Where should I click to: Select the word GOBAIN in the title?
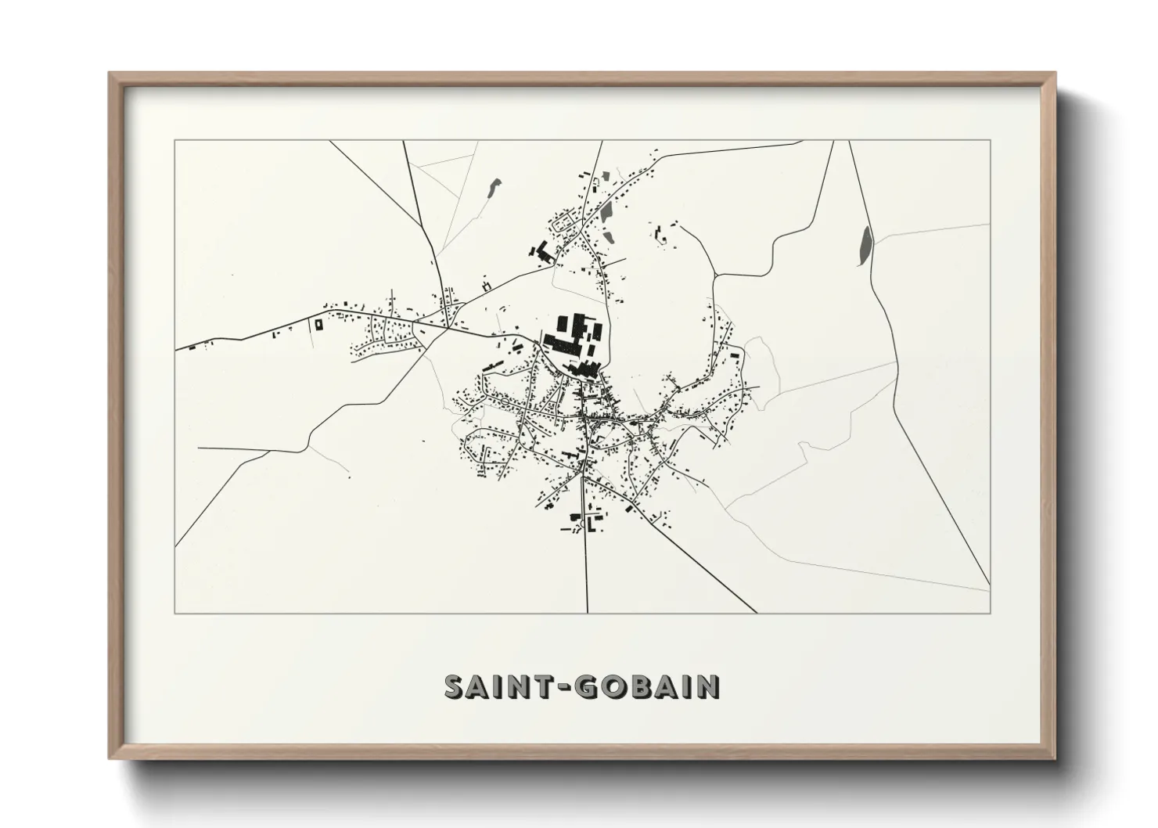[x=647, y=686]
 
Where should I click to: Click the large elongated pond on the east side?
[x=865, y=244]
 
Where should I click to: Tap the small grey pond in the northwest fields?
[x=492, y=188]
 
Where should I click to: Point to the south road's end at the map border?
[x=587, y=612]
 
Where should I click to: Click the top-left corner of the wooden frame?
[x=110, y=74]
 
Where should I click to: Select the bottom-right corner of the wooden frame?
[x=1055, y=758]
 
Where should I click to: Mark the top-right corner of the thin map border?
[x=990, y=141]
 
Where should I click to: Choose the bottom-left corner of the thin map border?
[x=175, y=613]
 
